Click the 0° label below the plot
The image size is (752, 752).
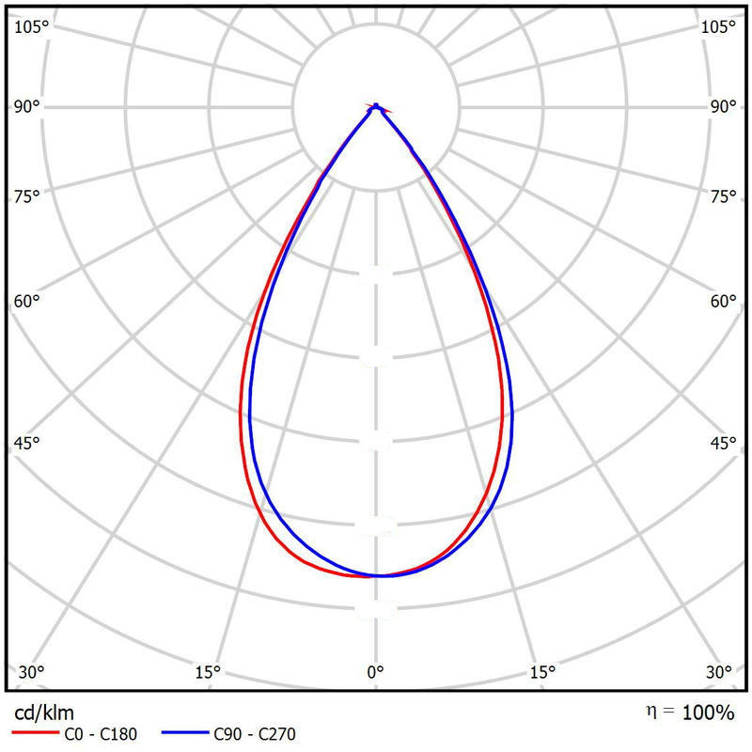tap(375, 672)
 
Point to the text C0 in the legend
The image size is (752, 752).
tap(72, 734)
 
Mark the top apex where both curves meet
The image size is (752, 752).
tap(376, 106)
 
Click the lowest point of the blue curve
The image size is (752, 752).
tap(378, 575)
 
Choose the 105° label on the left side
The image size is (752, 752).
tap(31, 26)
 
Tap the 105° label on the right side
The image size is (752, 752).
tap(720, 26)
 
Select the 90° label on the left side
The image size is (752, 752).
tap(27, 106)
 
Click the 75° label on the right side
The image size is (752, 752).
tap(723, 196)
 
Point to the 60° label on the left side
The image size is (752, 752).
tap(27, 302)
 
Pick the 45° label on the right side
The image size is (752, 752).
tap(723, 443)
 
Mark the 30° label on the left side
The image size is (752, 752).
tap(31, 672)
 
